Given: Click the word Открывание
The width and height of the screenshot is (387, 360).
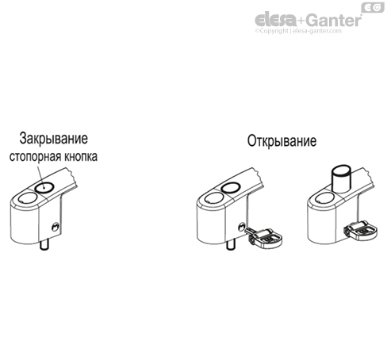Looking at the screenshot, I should coord(282,142).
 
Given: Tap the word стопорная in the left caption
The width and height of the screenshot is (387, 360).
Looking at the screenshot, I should coord(35,157).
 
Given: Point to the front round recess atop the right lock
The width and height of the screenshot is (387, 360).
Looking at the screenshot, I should coord(324,196).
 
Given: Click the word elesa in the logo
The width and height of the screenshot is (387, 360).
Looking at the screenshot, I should coord(274,18).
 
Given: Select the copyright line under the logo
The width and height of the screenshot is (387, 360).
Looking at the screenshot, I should coord(305,32).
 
